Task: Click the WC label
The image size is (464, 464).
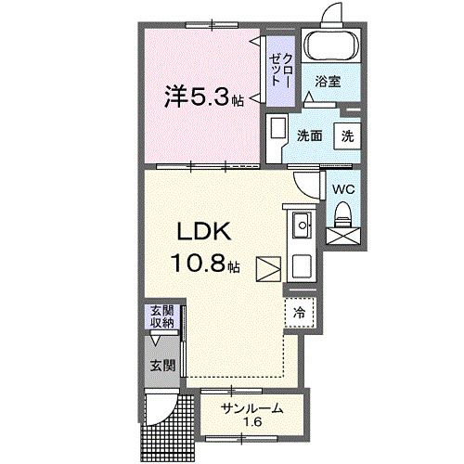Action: coord(344,189)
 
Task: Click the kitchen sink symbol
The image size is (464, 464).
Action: coord(303,226)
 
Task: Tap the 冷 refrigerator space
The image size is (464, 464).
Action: coord(300,313)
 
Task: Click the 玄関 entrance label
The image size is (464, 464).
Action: coord(162,366)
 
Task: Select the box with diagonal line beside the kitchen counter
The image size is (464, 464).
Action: coord(268,268)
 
